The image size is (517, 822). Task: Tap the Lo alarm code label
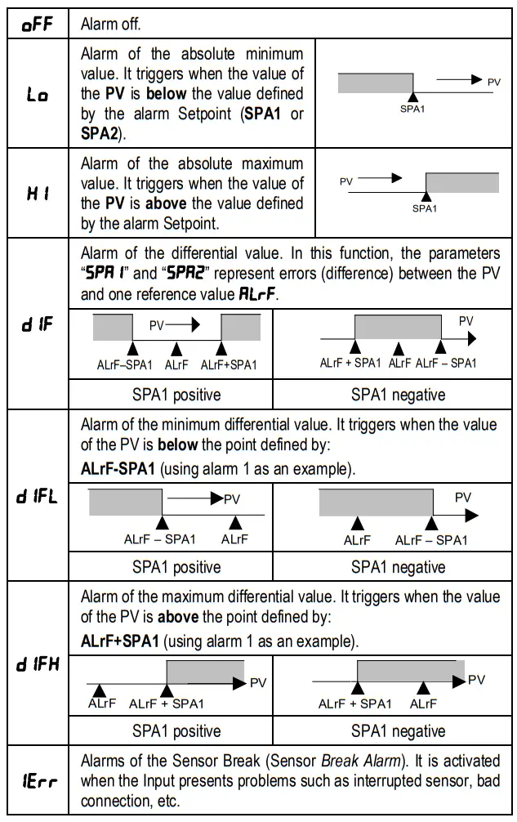tap(37, 96)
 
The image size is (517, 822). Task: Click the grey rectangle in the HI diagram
tap(461, 182)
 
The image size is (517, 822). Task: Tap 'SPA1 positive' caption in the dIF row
tap(176, 395)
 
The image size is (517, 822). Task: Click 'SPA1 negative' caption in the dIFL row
tap(398, 566)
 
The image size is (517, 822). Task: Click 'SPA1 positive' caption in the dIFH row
tap(176, 730)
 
